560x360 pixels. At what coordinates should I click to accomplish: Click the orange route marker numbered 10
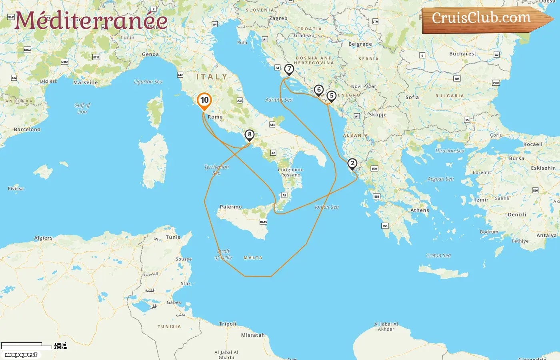(204, 100)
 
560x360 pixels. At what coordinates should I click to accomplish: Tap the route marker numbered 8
(249, 135)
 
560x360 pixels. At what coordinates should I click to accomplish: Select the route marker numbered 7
(289, 69)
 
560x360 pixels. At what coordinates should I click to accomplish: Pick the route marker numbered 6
(318, 90)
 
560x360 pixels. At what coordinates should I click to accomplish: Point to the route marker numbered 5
(331, 96)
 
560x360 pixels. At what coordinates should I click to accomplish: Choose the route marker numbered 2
(352, 164)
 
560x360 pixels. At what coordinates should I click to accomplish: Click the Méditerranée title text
(91, 20)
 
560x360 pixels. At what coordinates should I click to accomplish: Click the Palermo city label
(231, 207)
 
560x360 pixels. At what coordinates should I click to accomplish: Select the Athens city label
(420, 210)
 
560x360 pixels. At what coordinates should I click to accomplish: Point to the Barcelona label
(27, 130)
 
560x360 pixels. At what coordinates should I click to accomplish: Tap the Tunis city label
(173, 237)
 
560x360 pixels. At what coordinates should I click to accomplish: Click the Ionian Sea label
(326, 207)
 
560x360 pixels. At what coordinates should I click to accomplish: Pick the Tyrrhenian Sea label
(216, 170)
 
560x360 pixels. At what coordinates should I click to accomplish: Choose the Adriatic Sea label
(279, 100)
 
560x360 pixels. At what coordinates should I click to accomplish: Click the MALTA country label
(253, 258)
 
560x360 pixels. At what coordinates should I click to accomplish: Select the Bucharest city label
(463, 54)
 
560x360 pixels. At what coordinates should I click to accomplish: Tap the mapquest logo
(21, 354)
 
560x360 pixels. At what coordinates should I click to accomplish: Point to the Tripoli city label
(228, 324)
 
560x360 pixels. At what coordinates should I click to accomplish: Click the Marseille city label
(86, 82)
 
